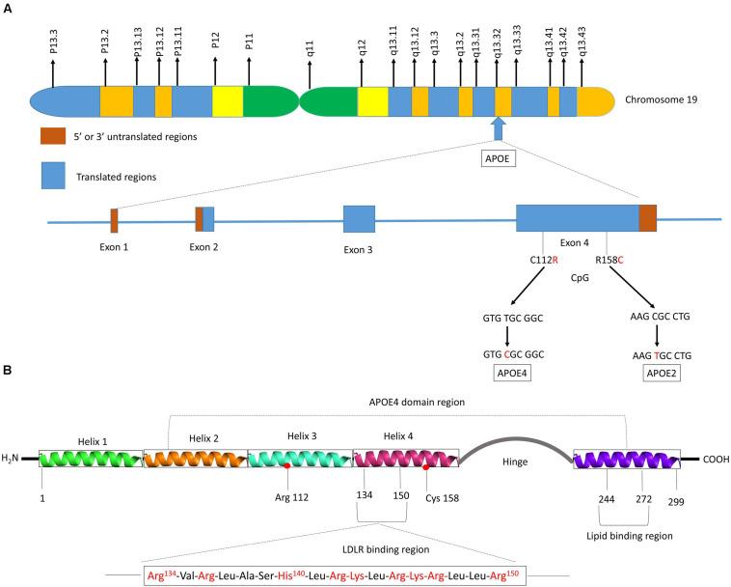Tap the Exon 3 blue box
coord(359,219)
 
